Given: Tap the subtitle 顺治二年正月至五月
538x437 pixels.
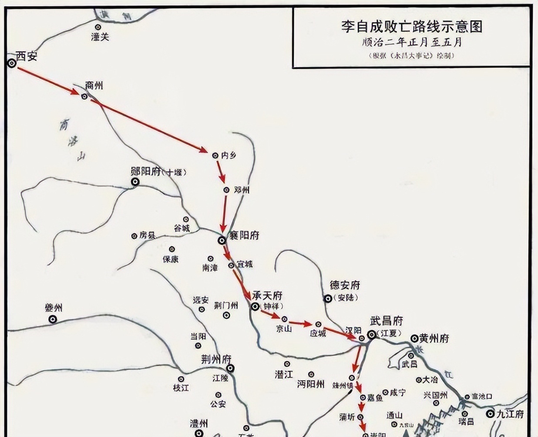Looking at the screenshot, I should coord(412,42).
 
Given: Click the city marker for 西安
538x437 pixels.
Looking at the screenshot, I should coord(12,63).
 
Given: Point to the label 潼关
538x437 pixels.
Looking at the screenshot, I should coord(100,37).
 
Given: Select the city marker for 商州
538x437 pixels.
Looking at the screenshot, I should coord(84,96).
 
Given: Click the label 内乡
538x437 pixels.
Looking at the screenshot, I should coord(229,155).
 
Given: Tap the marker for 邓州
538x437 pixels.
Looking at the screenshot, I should coord(226,190).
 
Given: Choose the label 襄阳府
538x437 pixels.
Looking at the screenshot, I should coord(244,235).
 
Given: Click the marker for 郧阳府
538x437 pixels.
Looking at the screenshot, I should coord(135,182).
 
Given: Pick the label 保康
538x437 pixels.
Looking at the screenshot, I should coord(171,259).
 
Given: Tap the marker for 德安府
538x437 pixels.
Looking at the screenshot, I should coord(327,299).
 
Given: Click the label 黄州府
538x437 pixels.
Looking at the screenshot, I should coord(434,338).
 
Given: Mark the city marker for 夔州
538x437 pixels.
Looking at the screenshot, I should coord(53,319).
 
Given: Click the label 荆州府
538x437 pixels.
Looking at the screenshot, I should coord(216,360).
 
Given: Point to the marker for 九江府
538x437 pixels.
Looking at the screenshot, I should coord(491,414).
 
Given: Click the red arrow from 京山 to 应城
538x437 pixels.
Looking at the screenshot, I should coord(301,323).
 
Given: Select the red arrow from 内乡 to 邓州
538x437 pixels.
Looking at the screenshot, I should coord(220,171).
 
